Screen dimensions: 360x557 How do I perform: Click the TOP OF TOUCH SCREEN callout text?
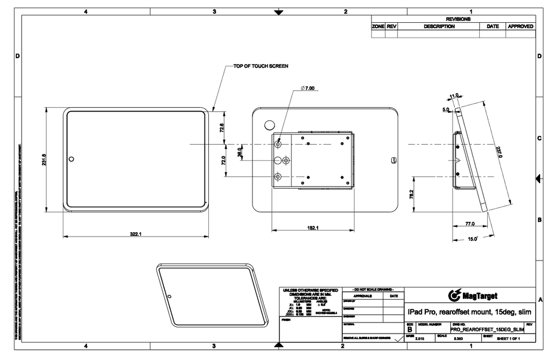(x=261, y=66)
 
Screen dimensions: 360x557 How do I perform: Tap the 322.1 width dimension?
(x=135, y=234)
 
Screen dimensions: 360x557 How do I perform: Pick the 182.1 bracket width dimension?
(x=312, y=228)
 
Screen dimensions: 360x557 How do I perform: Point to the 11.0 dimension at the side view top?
(x=454, y=96)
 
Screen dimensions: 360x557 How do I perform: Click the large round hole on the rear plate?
(x=269, y=121)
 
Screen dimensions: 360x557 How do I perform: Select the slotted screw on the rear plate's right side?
(x=394, y=159)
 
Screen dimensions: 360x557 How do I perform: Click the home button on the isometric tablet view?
(x=170, y=296)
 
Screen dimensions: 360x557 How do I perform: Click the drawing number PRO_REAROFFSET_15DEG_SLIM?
(x=487, y=330)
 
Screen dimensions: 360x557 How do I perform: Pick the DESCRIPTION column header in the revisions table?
(x=439, y=26)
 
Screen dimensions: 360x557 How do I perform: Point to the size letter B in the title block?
(x=410, y=330)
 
